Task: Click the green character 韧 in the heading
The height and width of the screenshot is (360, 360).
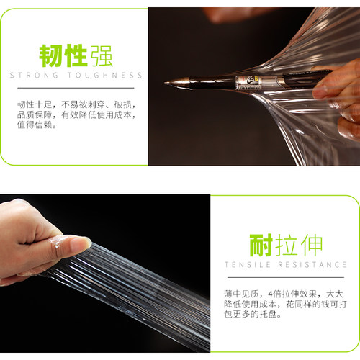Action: click(x=50, y=55)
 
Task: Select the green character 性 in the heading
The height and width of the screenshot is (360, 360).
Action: click(x=76, y=55)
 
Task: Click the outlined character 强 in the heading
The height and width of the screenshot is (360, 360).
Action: click(x=101, y=55)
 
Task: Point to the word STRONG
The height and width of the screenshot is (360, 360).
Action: click(x=34, y=76)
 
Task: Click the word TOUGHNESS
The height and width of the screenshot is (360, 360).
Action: click(x=105, y=76)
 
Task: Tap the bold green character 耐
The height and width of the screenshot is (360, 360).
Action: click(x=261, y=246)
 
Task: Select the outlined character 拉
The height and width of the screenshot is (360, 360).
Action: click(x=286, y=246)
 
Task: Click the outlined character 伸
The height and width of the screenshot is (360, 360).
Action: click(x=311, y=246)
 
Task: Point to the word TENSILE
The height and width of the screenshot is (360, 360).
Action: click(x=248, y=265)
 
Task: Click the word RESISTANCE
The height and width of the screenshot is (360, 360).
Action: click(x=312, y=265)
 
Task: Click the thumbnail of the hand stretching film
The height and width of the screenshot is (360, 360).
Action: click(x=105, y=273)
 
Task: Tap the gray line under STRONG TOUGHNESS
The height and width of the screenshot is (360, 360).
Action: click(x=76, y=88)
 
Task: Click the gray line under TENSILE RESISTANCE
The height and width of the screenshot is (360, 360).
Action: click(x=286, y=277)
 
